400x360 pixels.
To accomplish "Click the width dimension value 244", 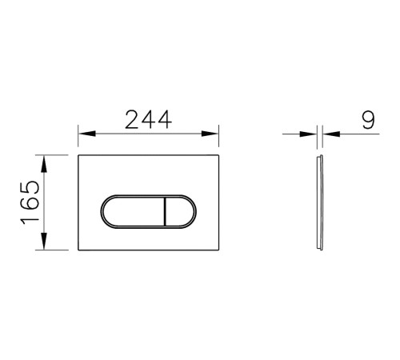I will click(149, 120).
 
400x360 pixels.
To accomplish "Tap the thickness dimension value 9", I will click(367, 120).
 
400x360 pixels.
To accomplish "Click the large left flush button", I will click(132, 211).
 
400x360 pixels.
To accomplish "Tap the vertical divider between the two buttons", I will click(163, 211).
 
